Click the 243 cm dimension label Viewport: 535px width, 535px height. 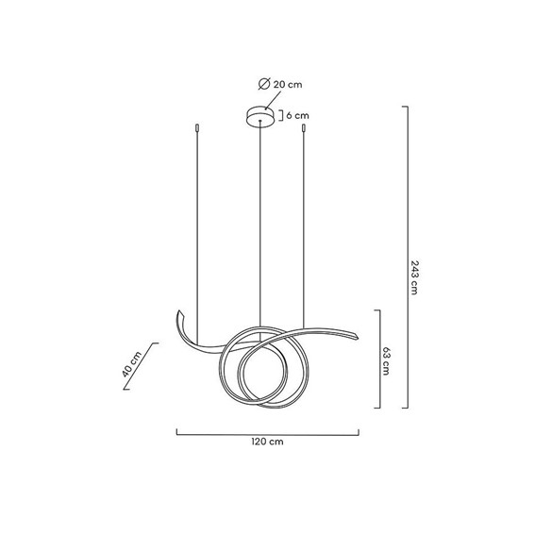(x=414, y=277)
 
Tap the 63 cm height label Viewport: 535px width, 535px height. (x=386, y=361)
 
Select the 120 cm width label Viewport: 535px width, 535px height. (x=268, y=442)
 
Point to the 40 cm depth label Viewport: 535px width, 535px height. (x=132, y=364)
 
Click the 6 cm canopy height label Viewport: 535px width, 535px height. (x=297, y=116)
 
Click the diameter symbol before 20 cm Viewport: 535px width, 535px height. (x=264, y=84)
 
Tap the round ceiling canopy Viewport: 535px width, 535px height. (x=260, y=117)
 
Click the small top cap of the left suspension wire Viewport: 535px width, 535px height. (x=197, y=128)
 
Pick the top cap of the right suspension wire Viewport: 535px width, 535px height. (x=304, y=128)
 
